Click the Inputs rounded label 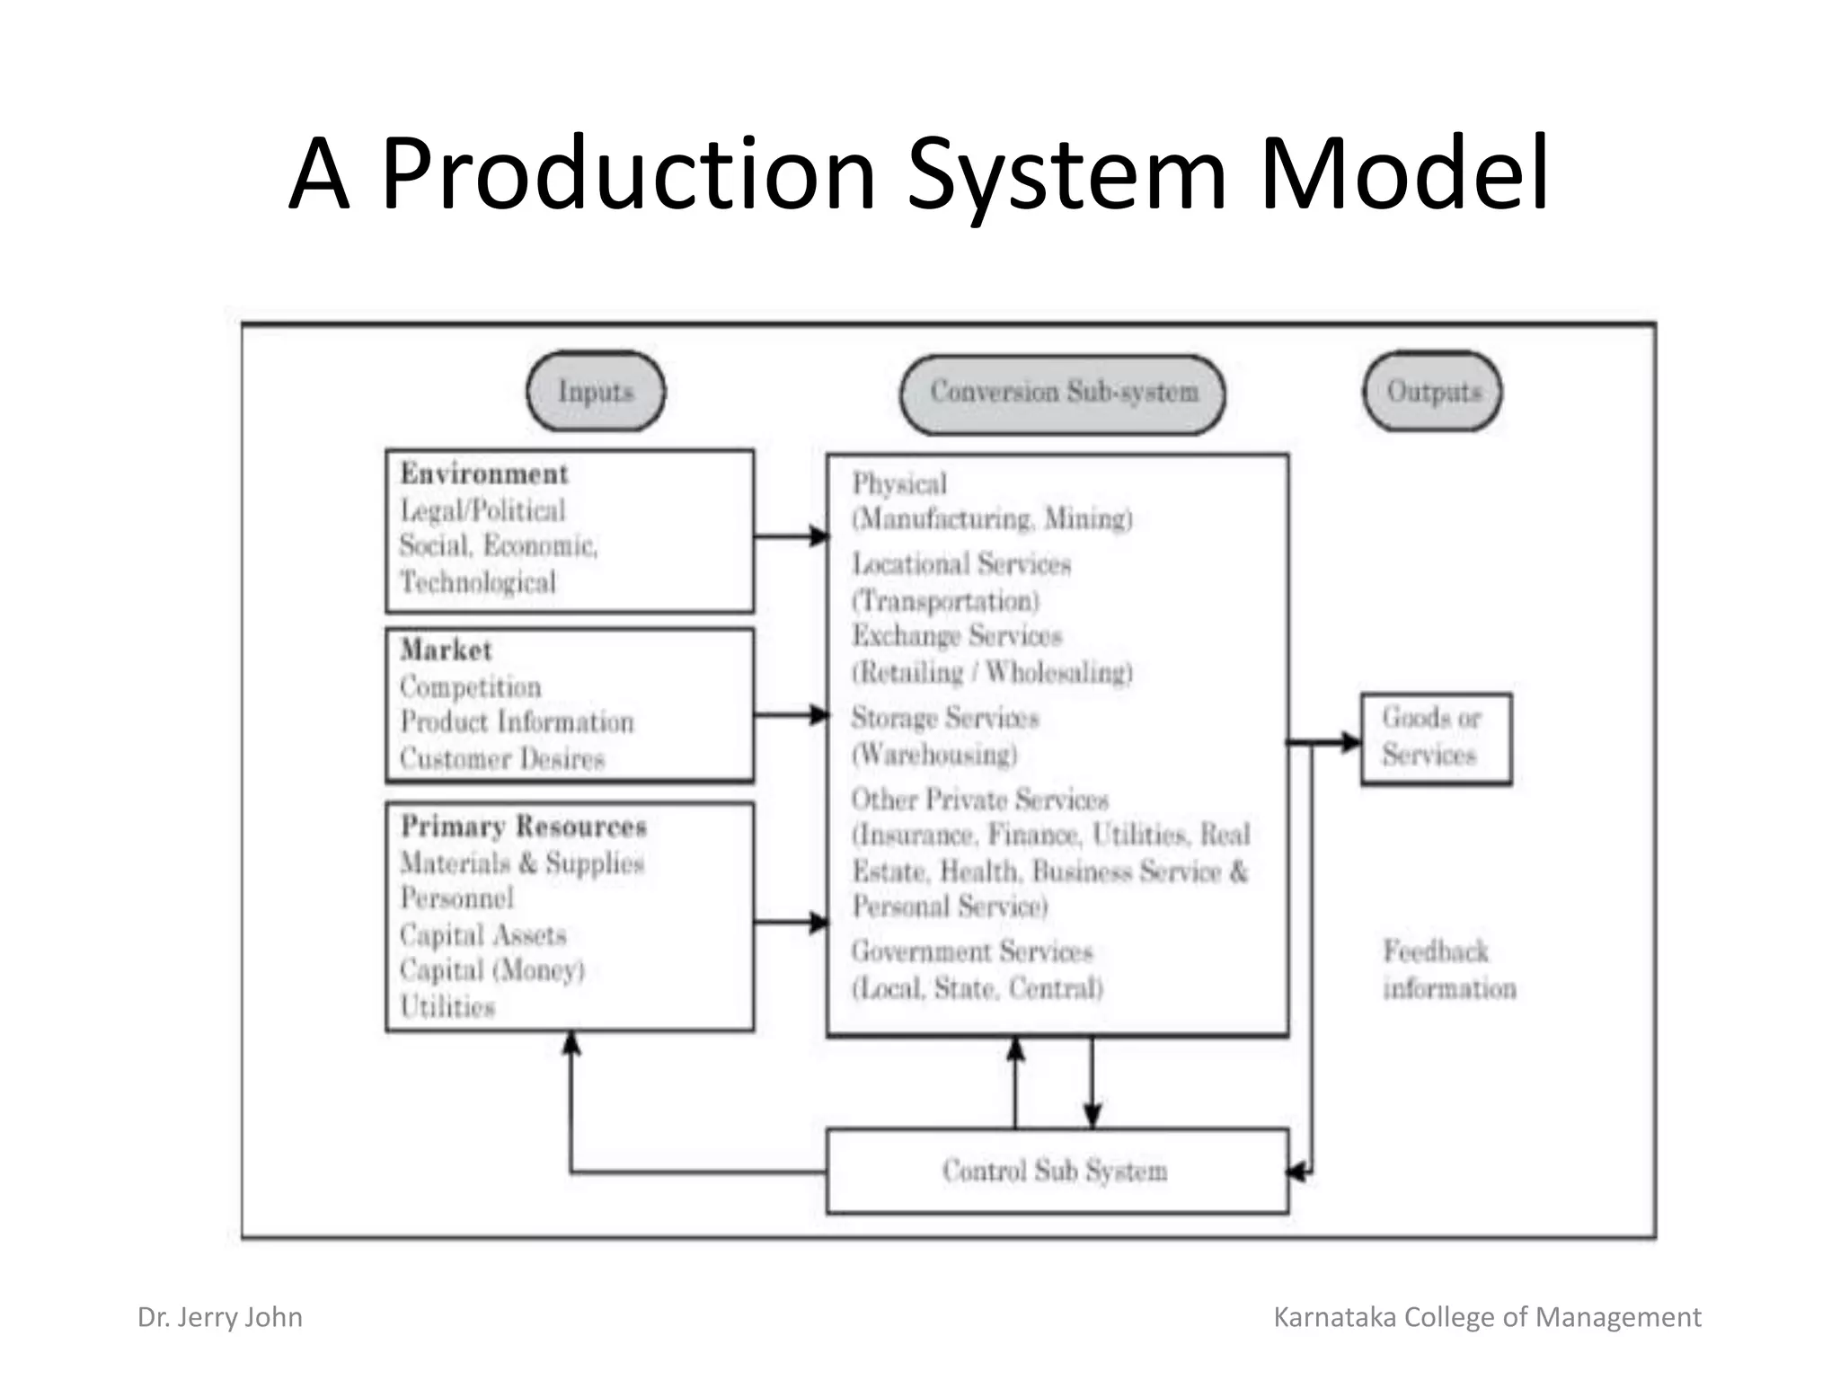[x=596, y=392]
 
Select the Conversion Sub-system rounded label [x=1063, y=394]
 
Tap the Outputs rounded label [x=1433, y=392]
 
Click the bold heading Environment [x=483, y=473]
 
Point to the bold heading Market [x=446, y=650]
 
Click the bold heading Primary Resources [x=523, y=826]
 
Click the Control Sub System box [x=1057, y=1171]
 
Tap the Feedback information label [x=1447, y=970]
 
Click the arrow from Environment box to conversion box [x=789, y=536]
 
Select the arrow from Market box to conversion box [x=789, y=715]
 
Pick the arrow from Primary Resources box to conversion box [x=789, y=922]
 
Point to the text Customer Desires [x=502, y=758]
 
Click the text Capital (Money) [x=492, y=970]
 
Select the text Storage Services [x=945, y=718]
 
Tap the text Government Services [x=971, y=951]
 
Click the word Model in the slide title [x=1403, y=172]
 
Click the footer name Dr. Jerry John [x=220, y=1317]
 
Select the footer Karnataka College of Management [x=1487, y=1317]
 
